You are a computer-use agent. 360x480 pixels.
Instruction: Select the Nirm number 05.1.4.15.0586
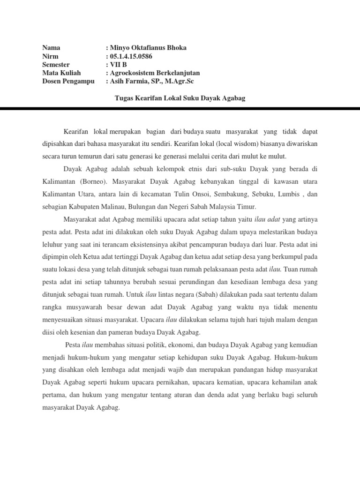point(131,56)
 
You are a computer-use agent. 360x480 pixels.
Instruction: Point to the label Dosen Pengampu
point(68,82)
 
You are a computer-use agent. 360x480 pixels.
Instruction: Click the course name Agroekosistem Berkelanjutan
point(155,73)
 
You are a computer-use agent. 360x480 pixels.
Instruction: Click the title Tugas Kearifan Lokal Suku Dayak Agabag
point(180,98)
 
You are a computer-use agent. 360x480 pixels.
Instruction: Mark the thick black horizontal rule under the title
point(180,109)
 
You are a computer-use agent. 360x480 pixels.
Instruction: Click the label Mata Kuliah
point(61,73)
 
